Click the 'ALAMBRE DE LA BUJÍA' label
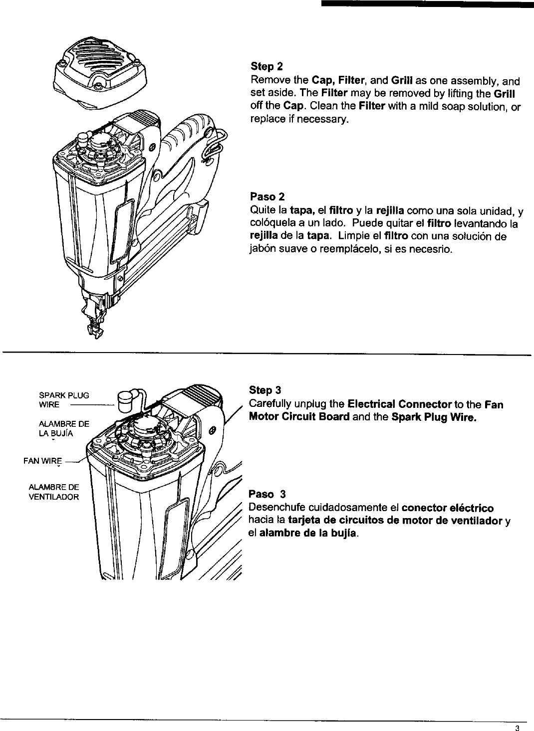63,428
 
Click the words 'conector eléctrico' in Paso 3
447,508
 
